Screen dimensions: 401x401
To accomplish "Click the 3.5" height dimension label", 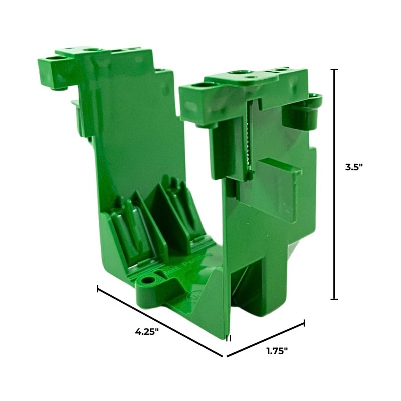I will tap(353, 168).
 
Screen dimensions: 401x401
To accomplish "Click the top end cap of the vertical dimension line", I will tap(334, 70).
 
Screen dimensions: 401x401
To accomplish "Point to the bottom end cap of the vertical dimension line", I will tap(334, 299).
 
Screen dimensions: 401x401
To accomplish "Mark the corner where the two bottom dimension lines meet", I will tap(224, 357).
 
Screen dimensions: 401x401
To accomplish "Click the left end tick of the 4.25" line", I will tap(98, 289).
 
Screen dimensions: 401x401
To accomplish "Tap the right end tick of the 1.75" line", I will tap(304, 323).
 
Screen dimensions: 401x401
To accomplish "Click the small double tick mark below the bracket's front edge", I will tap(228, 339).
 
